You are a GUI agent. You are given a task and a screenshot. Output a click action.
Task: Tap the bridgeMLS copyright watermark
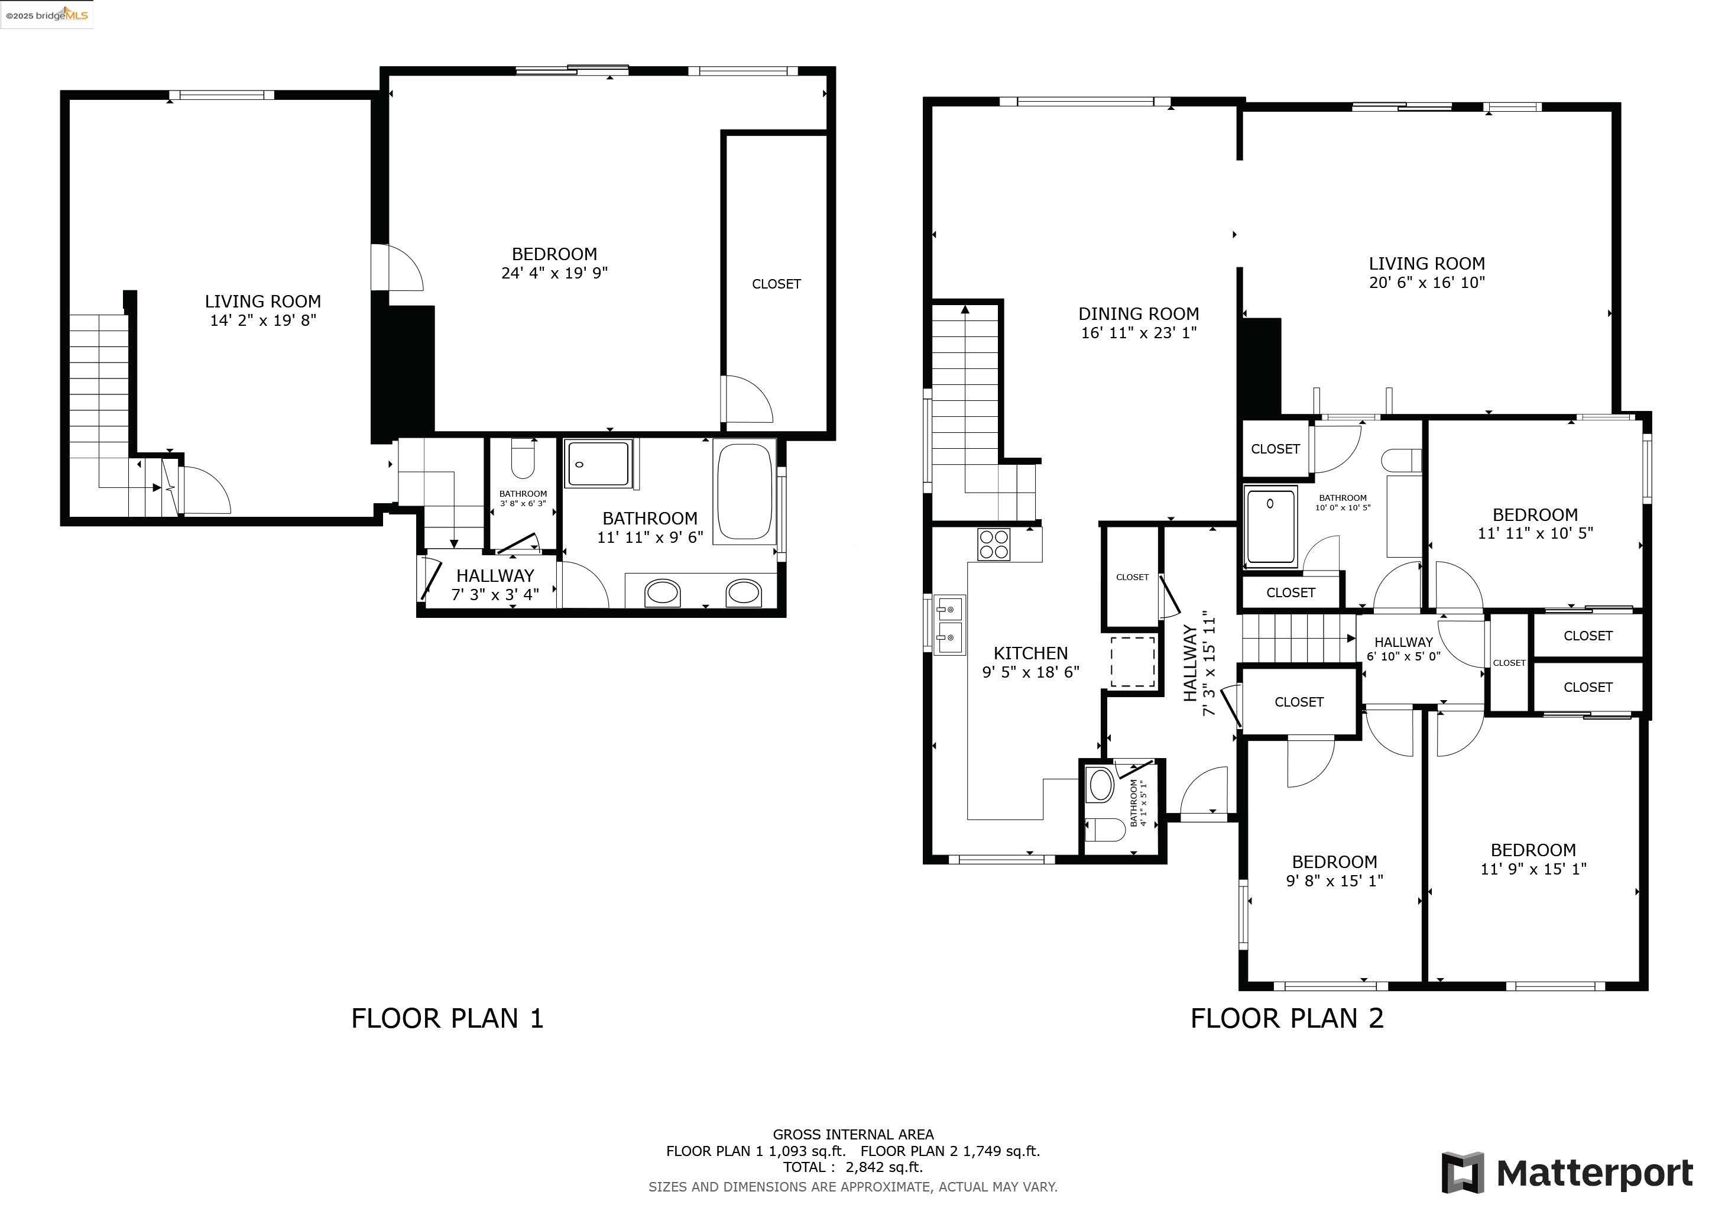tap(46, 15)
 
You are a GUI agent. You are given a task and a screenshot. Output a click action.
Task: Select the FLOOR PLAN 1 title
tap(448, 1019)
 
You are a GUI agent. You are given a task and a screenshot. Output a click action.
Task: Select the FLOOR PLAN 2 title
tap(1287, 1019)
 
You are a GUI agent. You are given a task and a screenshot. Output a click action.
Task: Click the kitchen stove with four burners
tap(994, 545)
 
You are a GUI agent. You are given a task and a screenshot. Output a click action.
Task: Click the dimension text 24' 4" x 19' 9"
tap(554, 273)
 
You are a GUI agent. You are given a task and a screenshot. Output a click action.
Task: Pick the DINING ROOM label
tap(1139, 314)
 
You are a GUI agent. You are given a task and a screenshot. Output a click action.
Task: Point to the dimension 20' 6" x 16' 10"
tap(1426, 283)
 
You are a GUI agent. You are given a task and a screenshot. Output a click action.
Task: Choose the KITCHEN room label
tap(1030, 653)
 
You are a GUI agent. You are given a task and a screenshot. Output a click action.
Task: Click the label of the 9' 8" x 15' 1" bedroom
tap(1334, 862)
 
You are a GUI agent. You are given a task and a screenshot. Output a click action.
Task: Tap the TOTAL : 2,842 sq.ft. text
tap(853, 1167)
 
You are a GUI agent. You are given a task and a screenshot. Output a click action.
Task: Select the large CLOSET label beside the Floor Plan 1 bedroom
tap(776, 284)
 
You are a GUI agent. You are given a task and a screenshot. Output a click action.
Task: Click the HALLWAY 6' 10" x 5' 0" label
tap(1403, 648)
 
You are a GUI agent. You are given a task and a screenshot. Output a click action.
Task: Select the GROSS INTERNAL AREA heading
tap(853, 1134)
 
